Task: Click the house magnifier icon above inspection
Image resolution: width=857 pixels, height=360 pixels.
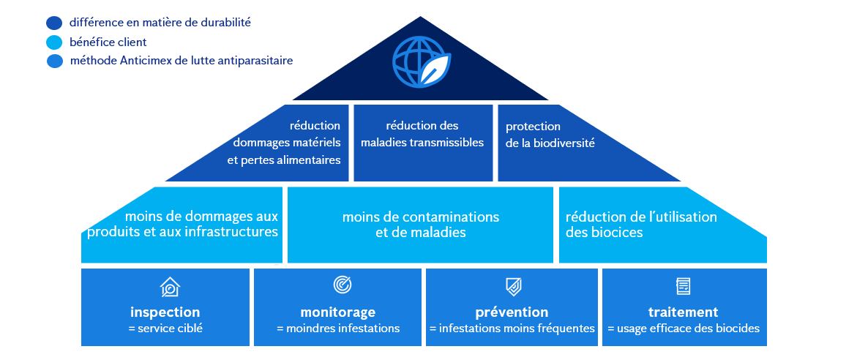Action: click(x=170, y=286)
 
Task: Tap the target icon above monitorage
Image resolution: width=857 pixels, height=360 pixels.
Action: click(x=342, y=285)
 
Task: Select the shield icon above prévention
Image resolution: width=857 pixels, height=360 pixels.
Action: click(x=513, y=286)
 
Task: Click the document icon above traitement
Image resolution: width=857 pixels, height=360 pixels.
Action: click(x=683, y=286)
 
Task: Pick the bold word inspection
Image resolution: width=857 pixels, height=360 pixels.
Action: click(x=165, y=312)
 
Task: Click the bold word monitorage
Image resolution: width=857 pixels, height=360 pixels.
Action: click(x=337, y=312)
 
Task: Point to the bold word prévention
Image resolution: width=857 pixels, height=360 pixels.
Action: click(x=512, y=312)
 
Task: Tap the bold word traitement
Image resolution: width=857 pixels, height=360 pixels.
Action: click(x=683, y=312)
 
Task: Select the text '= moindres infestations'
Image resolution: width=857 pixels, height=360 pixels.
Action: click(x=338, y=329)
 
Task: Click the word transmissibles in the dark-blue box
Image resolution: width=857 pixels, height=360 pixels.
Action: click(x=446, y=143)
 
